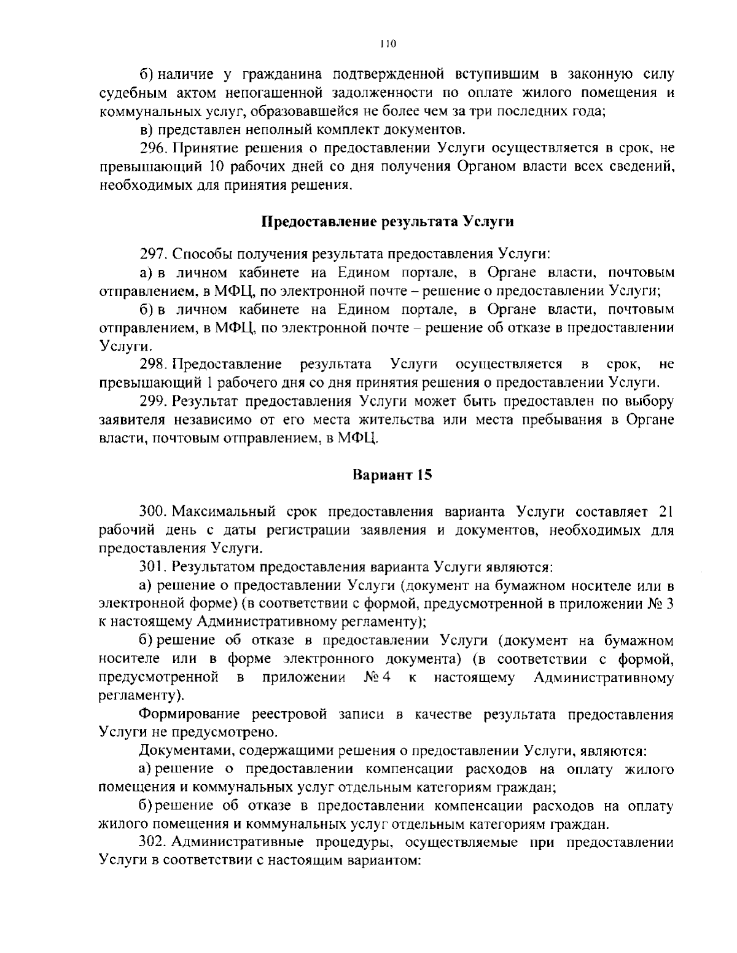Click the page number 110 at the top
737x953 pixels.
388,44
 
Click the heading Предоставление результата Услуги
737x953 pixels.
388,222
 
